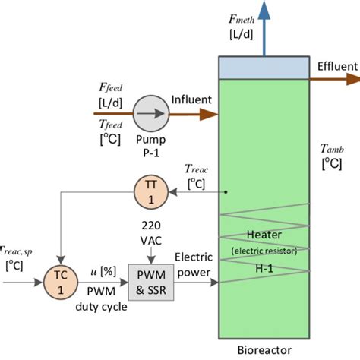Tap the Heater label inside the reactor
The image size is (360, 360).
tap(264, 235)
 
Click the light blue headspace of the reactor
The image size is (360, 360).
tap(264, 67)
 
